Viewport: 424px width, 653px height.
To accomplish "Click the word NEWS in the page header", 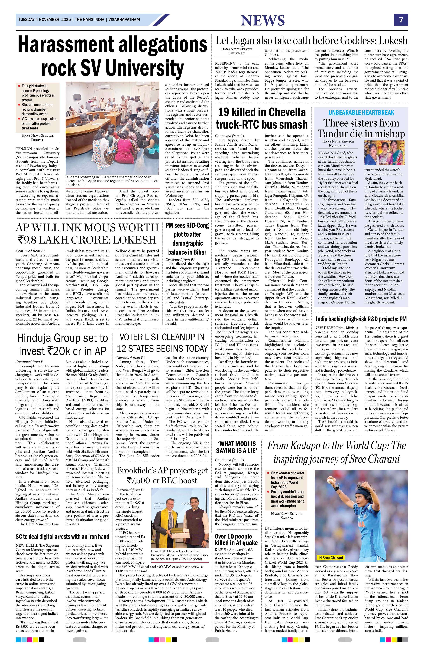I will point(263,21).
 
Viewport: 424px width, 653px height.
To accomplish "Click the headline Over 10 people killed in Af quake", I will point(236,539).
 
